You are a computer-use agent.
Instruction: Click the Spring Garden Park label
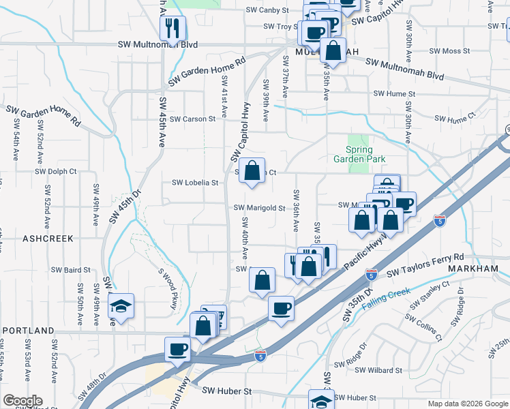click(359, 154)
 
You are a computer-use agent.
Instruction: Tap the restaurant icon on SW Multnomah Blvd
click(171, 29)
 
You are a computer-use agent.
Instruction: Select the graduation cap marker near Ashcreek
click(121, 306)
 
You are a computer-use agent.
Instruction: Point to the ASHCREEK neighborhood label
click(48, 239)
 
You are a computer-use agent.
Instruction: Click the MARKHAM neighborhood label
click(475, 269)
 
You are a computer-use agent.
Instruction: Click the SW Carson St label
click(193, 119)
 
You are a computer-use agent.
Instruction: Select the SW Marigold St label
click(259, 208)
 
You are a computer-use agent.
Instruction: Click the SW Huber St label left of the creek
click(228, 391)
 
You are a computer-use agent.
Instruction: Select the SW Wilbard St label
click(378, 370)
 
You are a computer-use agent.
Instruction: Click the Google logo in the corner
click(22, 401)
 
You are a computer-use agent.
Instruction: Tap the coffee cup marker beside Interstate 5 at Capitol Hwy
click(179, 349)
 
